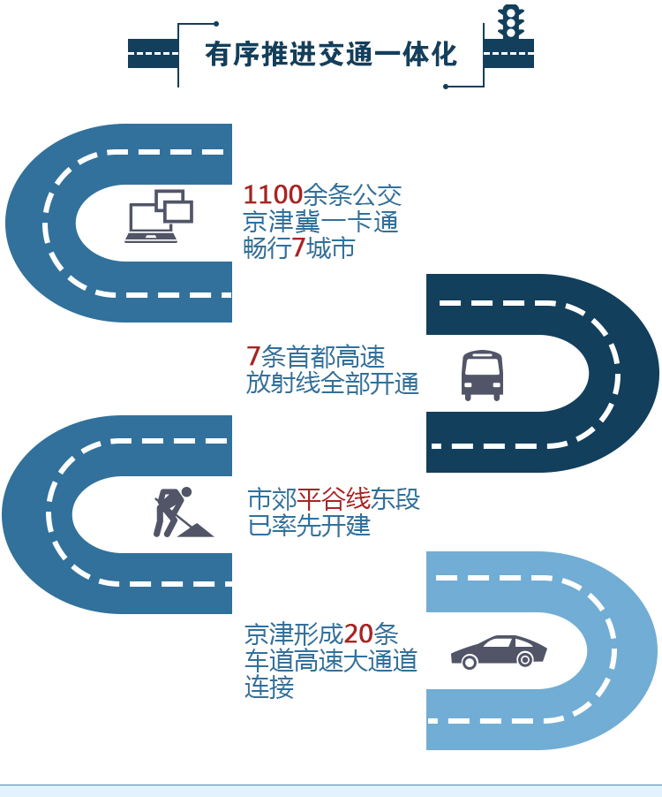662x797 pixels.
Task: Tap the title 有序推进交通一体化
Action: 331,56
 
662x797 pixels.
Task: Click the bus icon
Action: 482,376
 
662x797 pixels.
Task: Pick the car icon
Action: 499,651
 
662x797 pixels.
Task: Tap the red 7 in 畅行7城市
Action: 298,248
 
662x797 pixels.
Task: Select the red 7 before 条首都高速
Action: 253,357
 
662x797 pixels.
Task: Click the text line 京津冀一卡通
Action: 321,222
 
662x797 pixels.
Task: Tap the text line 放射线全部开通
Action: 333,384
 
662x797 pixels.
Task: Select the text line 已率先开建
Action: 309,526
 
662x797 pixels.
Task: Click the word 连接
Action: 269,687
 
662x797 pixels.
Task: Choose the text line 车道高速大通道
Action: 331,661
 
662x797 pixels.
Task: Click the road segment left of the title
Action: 152,53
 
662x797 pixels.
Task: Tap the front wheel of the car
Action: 525,659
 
